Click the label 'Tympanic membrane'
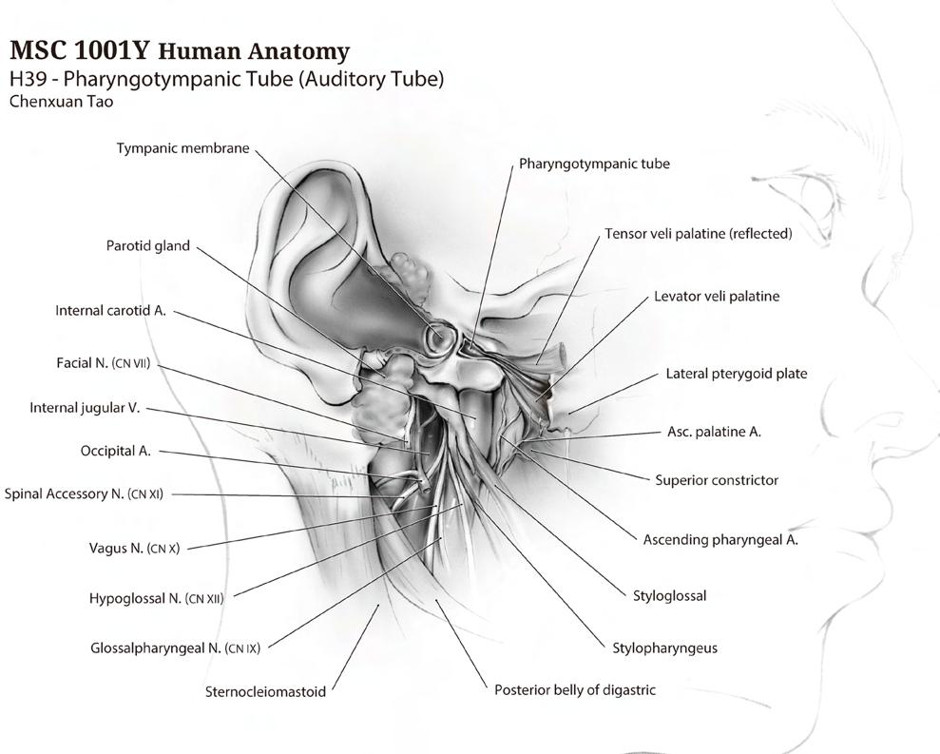[x=182, y=148]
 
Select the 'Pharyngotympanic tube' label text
[x=594, y=164]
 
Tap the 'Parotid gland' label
[x=147, y=246]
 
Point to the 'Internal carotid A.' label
[x=110, y=311]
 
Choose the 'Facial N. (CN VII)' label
[x=103, y=363]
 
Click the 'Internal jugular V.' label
[x=85, y=408]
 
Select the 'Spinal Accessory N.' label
[x=84, y=494]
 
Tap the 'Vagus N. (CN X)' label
[x=134, y=548]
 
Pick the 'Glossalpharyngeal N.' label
[x=175, y=648]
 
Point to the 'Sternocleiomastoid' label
[x=265, y=692]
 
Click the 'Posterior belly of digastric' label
[x=574, y=689]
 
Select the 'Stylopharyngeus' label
[x=664, y=648]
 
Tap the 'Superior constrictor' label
[x=717, y=480]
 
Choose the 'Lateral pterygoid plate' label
[x=736, y=374]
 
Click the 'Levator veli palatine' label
[x=717, y=297]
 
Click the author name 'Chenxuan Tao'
[x=60, y=102]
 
